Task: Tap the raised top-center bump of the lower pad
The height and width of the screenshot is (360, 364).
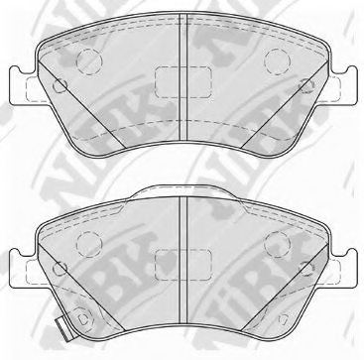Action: pyautogui.click(x=181, y=191)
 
